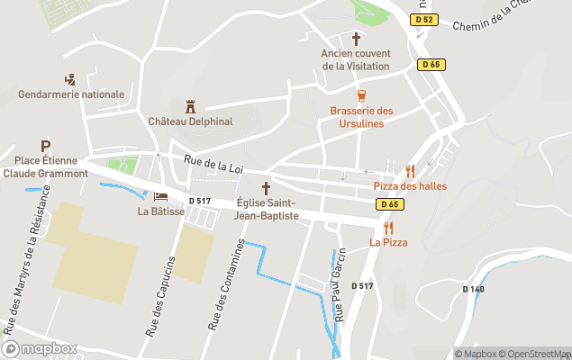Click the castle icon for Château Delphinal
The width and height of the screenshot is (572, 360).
[x=189, y=106]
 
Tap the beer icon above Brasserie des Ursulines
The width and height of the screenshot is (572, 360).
[x=360, y=95]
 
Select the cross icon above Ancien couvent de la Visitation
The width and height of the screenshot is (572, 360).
[x=356, y=39]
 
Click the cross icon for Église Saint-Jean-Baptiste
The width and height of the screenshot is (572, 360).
[x=266, y=187]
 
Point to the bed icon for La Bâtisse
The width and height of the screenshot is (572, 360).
[x=160, y=196]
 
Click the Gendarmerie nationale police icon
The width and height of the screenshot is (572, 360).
[x=70, y=79]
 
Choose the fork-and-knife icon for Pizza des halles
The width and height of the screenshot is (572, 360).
[x=410, y=170]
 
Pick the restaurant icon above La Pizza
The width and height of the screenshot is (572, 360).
[x=388, y=228]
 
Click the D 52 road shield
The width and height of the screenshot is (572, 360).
[x=424, y=20]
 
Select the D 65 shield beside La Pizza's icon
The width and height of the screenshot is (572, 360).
[x=388, y=205]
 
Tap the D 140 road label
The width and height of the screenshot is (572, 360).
[x=473, y=289]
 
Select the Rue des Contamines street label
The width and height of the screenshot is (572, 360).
[x=225, y=284]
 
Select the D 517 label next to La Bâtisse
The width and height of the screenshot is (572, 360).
[x=199, y=201]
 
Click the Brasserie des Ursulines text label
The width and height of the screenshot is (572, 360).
[x=360, y=116]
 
